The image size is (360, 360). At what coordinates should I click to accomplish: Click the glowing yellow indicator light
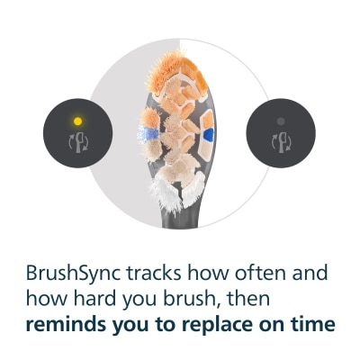(77, 121)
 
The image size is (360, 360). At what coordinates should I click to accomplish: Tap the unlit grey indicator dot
(281, 121)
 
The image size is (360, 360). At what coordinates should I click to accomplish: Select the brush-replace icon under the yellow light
(78, 142)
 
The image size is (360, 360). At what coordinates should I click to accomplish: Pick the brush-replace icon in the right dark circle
(281, 142)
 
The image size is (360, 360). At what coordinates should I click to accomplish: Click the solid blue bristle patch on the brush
(209, 134)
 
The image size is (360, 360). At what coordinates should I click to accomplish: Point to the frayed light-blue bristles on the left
(148, 133)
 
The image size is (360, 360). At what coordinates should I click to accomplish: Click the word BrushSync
(74, 274)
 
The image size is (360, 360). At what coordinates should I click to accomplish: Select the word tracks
(153, 273)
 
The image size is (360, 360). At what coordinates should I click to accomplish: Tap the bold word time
(313, 324)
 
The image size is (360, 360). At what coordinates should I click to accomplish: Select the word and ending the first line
(306, 273)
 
